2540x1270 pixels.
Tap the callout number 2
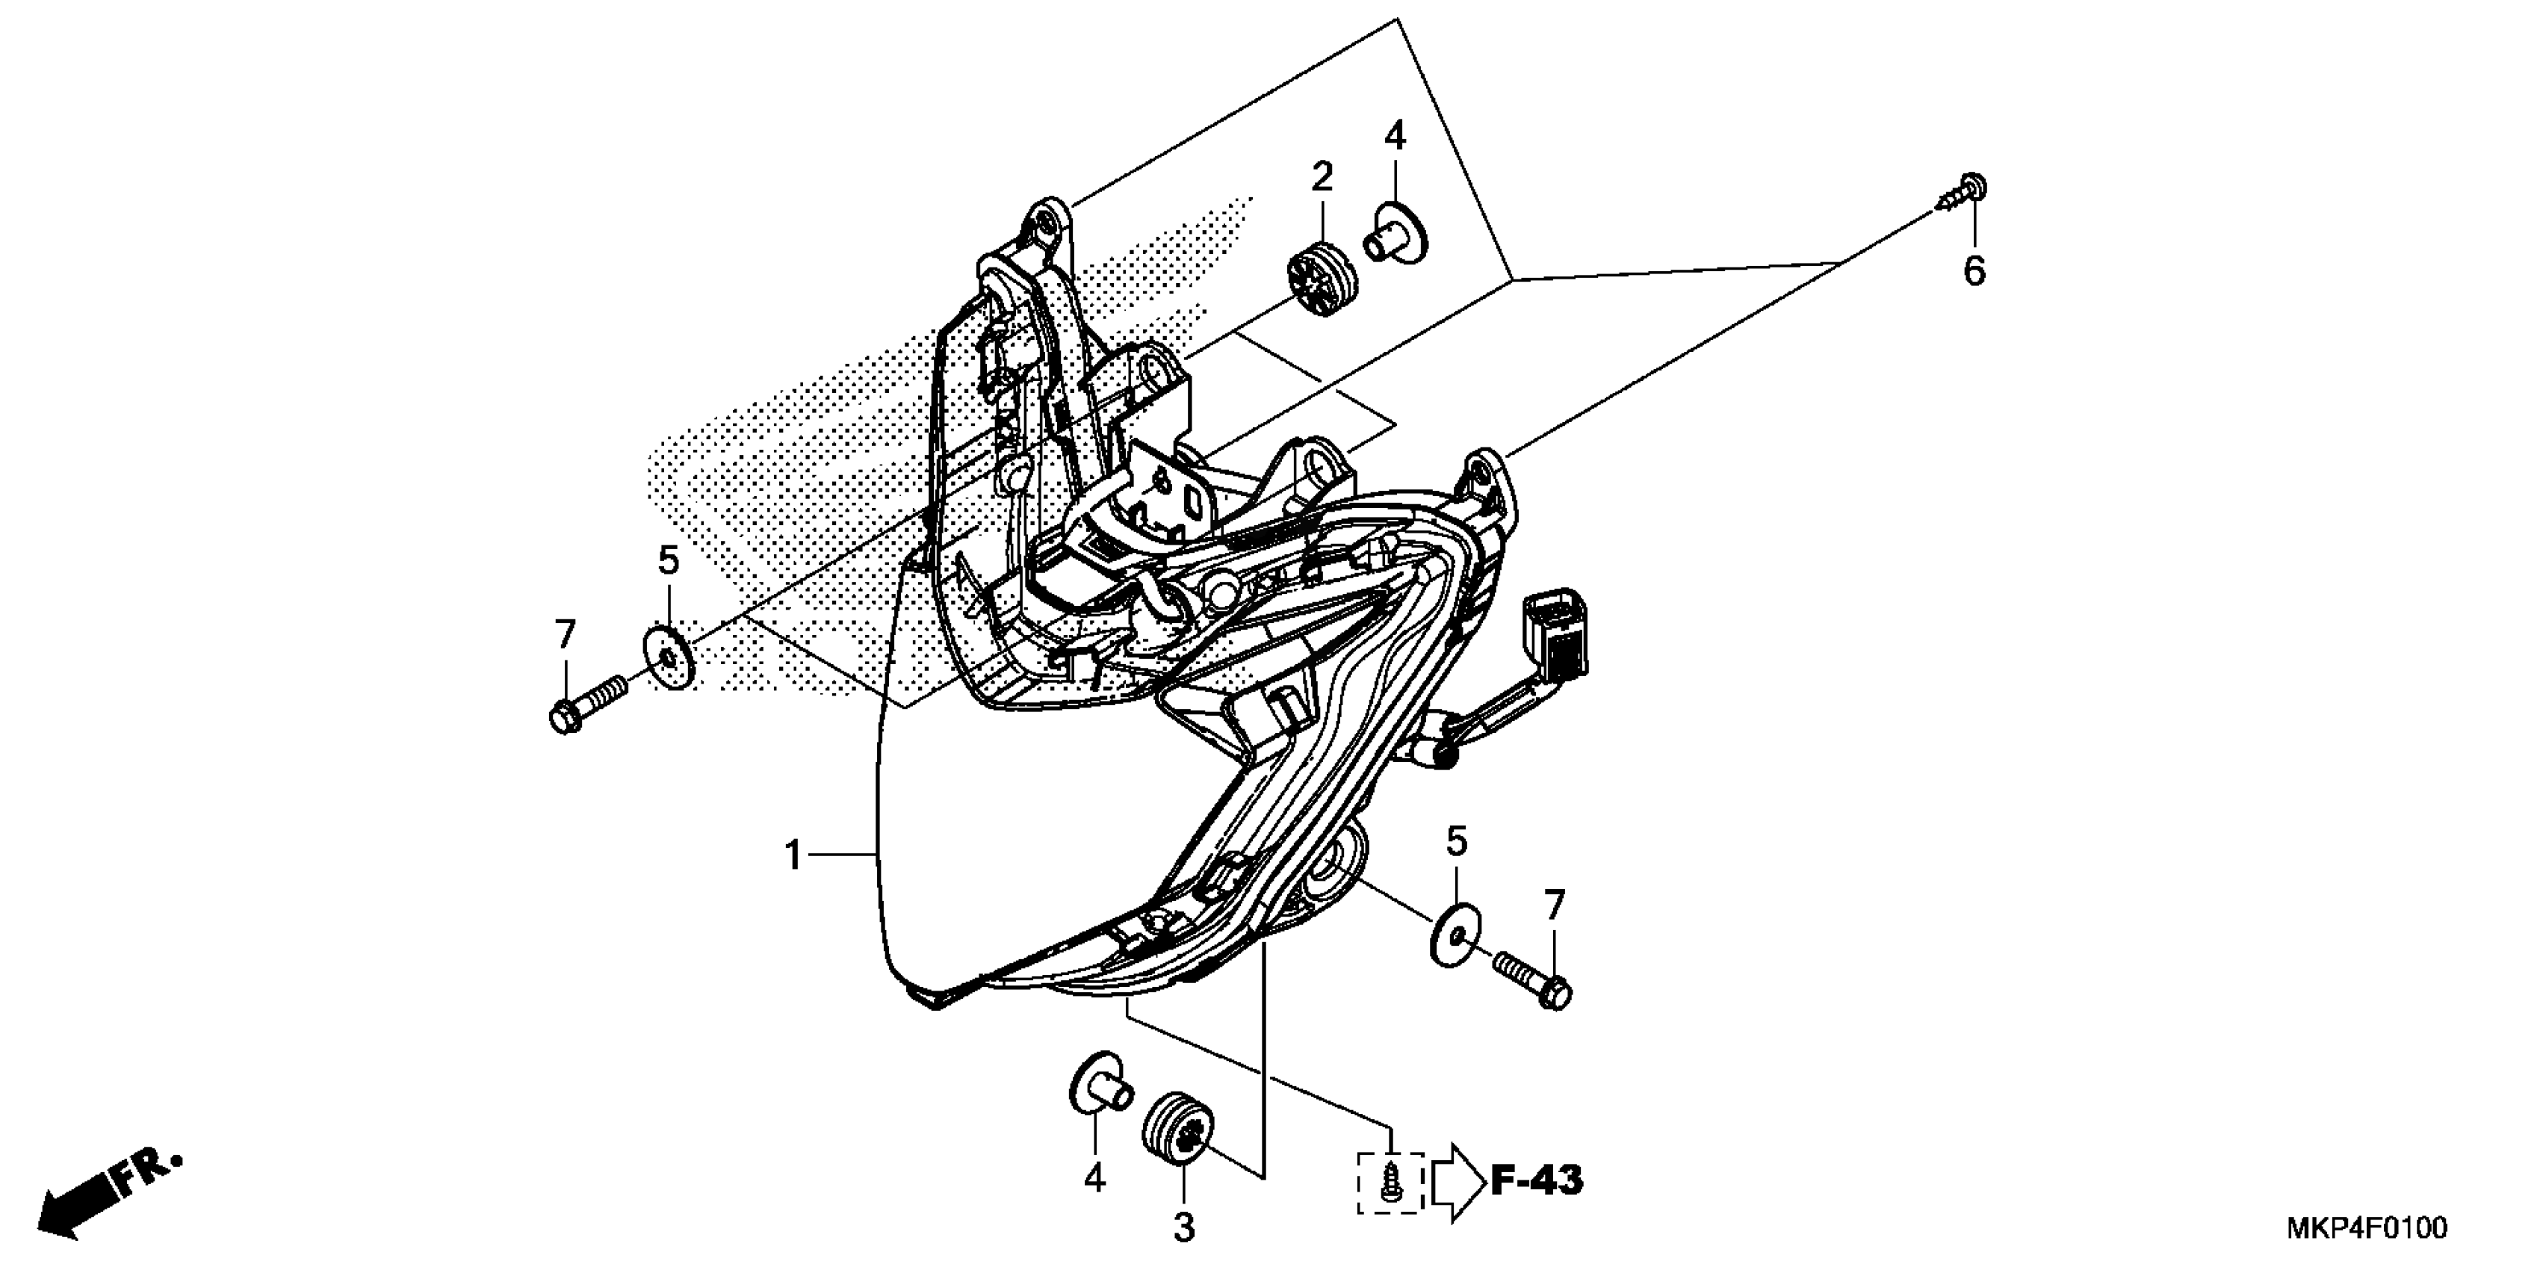click(1322, 178)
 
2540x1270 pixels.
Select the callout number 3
click(1184, 1227)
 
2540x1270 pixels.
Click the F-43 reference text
click(1536, 1180)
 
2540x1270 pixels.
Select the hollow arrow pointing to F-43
click(1458, 1181)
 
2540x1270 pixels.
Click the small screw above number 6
click(1963, 197)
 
